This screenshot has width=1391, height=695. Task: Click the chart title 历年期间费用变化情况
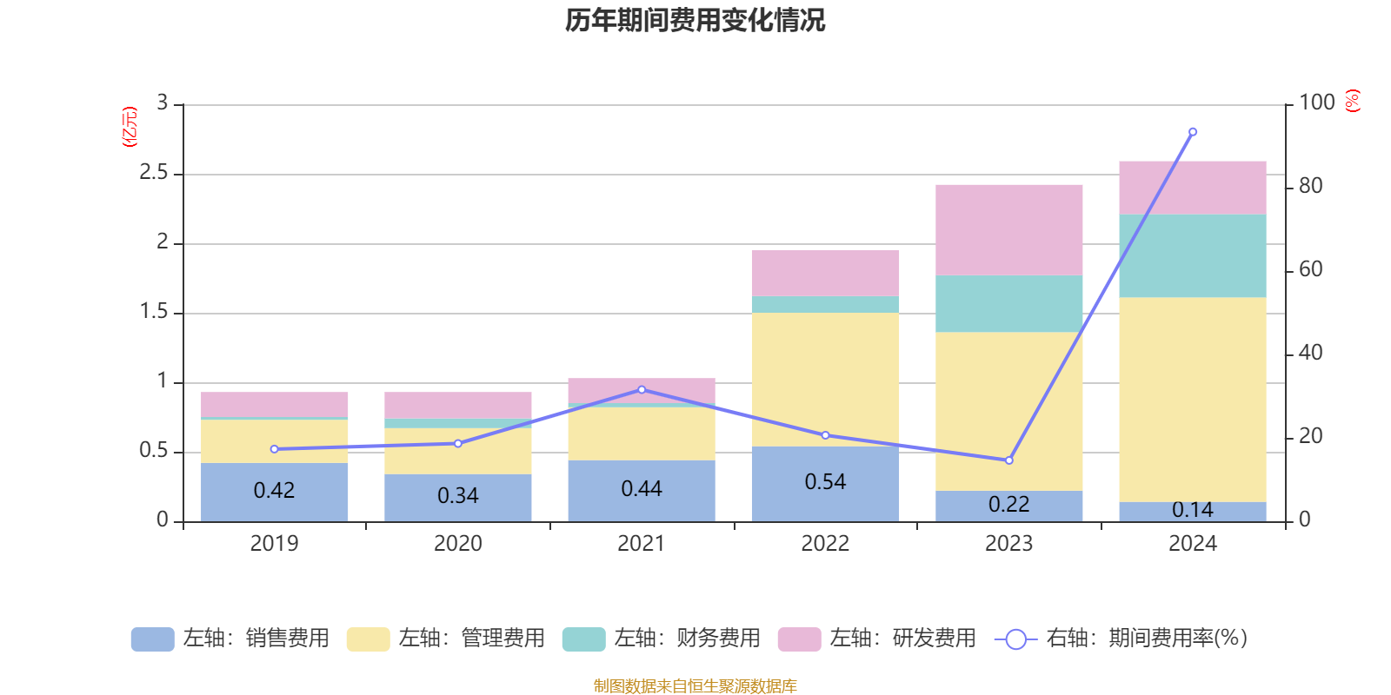[x=695, y=20]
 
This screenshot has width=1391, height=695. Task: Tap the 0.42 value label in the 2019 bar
[x=274, y=491]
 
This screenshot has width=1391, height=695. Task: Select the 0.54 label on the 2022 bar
[x=825, y=482]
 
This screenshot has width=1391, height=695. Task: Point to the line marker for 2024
[x=1193, y=132]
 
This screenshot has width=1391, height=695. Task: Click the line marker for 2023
[x=1009, y=460]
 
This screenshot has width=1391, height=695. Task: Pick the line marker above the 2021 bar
[x=642, y=389]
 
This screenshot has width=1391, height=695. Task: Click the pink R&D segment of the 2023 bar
[x=1009, y=230]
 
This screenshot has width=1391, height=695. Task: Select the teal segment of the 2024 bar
[x=1193, y=256]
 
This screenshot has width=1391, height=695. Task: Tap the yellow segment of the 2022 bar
[x=825, y=379]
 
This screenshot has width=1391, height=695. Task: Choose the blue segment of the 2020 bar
[x=458, y=497]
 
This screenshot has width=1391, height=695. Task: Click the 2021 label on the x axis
[x=642, y=544]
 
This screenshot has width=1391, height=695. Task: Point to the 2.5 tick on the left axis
[x=154, y=173]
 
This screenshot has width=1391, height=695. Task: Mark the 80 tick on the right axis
[x=1310, y=186]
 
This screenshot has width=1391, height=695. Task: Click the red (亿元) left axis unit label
[x=130, y=127]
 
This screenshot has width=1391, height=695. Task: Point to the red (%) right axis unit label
[x=1353, y=101]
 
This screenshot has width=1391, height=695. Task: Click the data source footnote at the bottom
[x=695, y=686]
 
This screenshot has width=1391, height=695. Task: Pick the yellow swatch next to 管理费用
[x=368, y=639]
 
